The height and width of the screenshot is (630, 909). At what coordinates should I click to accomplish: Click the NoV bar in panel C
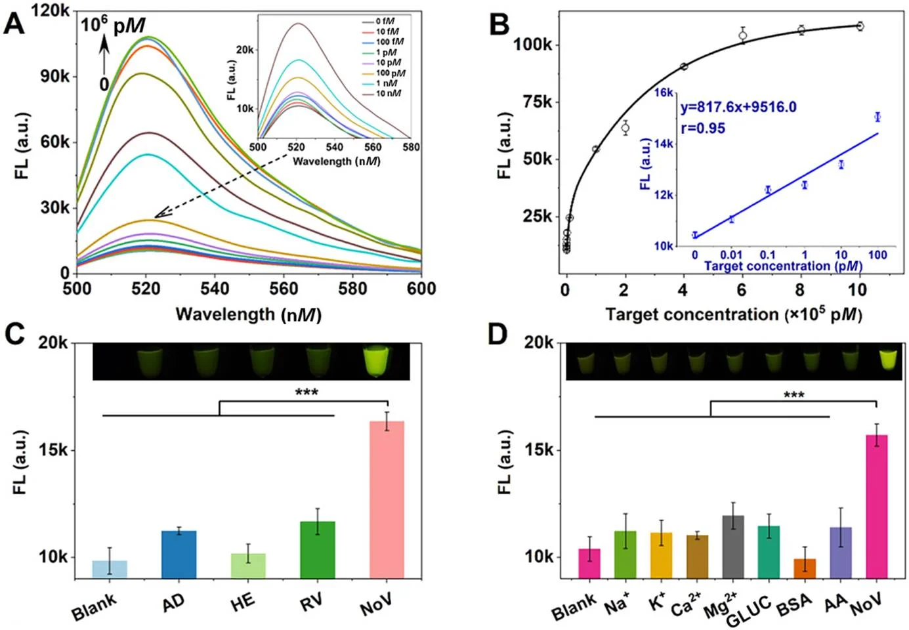point(387,500)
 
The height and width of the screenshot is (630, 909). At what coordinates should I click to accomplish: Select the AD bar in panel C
point(179,555)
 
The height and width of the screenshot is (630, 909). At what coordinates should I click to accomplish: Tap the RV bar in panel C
point(318,550)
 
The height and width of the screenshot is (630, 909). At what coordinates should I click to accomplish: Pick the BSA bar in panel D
point(805,568)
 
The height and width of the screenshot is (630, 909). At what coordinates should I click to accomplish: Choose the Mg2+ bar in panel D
point(732,547)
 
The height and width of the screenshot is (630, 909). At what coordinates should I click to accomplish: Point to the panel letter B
point(499,24)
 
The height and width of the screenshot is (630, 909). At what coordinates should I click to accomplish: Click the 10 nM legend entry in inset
point(388,94)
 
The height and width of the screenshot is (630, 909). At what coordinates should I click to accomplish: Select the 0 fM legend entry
point(385,22)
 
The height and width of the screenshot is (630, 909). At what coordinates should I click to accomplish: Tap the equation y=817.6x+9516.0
point(738,107)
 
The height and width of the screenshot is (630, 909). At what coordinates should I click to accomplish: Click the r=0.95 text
point(703,128)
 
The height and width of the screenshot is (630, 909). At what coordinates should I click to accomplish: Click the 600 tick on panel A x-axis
point(421,288)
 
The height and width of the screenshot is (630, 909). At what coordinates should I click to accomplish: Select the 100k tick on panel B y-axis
point(532,45)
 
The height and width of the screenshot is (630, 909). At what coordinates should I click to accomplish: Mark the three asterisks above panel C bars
point(307,393)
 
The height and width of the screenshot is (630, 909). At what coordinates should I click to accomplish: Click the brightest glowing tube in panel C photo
point(375,362)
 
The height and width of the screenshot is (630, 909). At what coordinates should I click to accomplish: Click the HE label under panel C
point(242,601)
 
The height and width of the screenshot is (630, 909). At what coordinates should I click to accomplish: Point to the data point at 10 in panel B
point(860,26)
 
